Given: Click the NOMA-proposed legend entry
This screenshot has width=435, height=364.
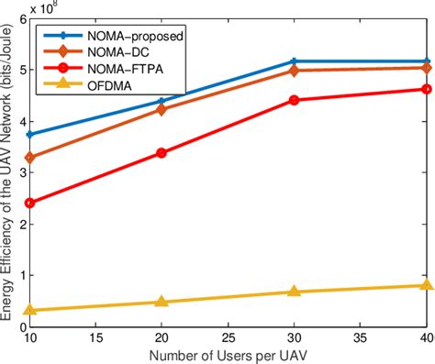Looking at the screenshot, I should point(119,37).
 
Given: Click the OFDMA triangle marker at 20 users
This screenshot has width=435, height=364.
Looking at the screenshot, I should point(162,302).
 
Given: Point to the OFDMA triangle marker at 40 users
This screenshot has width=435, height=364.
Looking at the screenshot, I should point(426,285).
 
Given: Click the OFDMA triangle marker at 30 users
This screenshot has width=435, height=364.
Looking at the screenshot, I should point(294,292).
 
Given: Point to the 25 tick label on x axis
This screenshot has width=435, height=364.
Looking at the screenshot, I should point(228,337).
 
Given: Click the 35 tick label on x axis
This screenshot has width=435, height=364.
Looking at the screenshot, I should point(360,337).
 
